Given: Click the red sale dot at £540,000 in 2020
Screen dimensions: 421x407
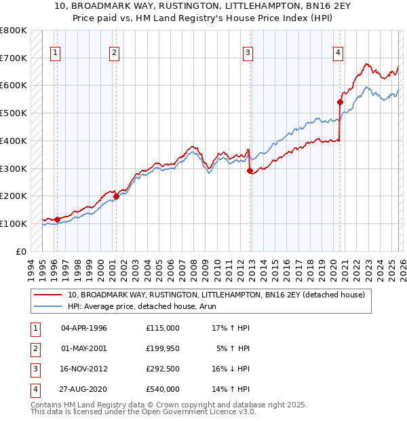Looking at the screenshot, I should [x=340, y=102].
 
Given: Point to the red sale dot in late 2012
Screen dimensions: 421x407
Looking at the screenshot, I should [x=250, y=170].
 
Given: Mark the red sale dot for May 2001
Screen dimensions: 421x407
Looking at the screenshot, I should [x=116, y=196].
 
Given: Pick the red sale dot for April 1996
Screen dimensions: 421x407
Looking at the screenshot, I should [x=57, y=219].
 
